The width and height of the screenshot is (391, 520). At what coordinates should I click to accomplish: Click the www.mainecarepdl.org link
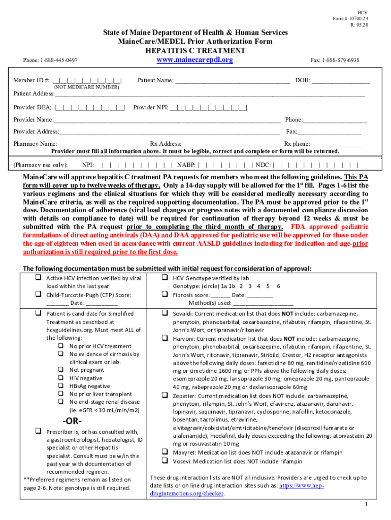click(195, 60)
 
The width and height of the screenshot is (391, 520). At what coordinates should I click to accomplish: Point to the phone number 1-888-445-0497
click(50, 60)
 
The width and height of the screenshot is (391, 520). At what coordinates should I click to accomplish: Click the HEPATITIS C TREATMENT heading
click(195, 51)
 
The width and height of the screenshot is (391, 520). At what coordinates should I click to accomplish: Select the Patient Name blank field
click(233, 81)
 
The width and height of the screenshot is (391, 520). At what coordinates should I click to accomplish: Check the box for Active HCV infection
click(38, 278)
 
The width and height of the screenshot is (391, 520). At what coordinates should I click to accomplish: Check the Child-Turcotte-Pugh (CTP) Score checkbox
click(38, 295)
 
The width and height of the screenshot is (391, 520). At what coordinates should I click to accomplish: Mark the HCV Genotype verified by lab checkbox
click(165, 278)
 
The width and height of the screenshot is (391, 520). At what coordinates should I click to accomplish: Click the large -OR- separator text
click(72, 421)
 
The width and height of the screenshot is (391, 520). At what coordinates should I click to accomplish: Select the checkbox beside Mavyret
click(165, 451)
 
